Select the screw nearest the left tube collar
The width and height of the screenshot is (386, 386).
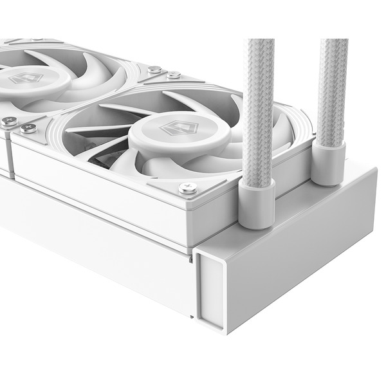tap(188, 188)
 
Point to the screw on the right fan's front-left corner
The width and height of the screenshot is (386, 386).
tap(28, 127)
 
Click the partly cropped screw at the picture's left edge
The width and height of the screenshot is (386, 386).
tap(8, 120)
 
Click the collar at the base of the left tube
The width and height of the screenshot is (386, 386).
tap(257, 203)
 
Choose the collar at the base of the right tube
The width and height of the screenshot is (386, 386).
tap(329, 164)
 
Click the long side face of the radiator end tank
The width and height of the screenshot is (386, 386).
tap(302, 257)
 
